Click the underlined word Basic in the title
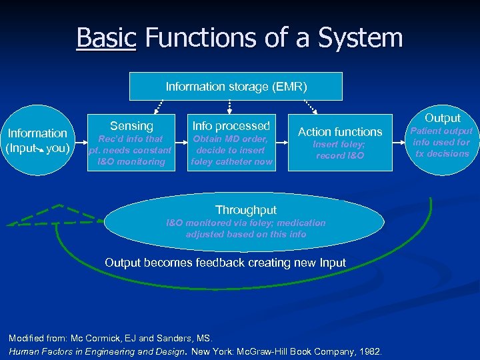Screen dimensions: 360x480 [x=106, y=37]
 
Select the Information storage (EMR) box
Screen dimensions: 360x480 [x=236, y=86]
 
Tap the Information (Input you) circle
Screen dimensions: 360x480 [x=37, y=141]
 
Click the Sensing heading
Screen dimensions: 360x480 [x=131, y=126]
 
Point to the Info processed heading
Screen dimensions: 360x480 [x=231, y=125]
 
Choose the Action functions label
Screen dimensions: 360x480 [x=340, y=132]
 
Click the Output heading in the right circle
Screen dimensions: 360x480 [x=442, y=118]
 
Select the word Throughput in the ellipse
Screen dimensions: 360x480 [x=246, y=209]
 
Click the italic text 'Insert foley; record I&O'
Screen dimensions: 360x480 [x=340, y=150]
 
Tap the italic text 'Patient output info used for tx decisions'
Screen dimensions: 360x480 [x=441, y=142]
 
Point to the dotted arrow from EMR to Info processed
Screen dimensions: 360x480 [x=230, y=107]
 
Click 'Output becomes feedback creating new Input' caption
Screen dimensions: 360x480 [x=225, y=263]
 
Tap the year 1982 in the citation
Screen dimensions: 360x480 [x=370, y=351]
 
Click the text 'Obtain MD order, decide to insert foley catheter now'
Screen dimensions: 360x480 [x=231, y=150]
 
